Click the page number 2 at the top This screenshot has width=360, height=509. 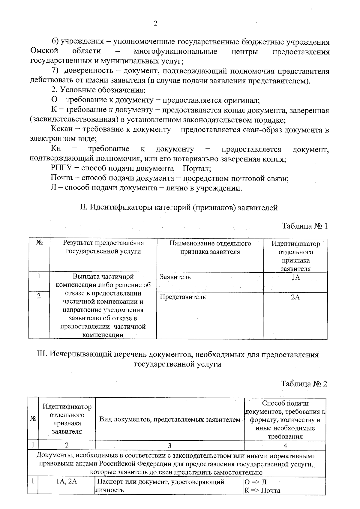pos(155,24)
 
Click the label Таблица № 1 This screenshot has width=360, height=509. pos(304,226)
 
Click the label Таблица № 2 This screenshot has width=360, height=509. pos(304,384)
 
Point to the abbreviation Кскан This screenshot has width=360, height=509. pos(61,130)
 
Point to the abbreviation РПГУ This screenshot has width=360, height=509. pos(61,169)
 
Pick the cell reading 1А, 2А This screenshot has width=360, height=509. pos(67,482)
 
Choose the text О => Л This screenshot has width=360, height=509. pos(256,482)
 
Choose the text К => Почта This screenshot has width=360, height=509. pos(262,490)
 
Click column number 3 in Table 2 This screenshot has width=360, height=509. pos(169,446)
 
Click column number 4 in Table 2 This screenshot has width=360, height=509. pos(285,446)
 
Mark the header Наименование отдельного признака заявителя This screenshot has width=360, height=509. pos(210,247)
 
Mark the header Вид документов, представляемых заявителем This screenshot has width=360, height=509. pos(170,419)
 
